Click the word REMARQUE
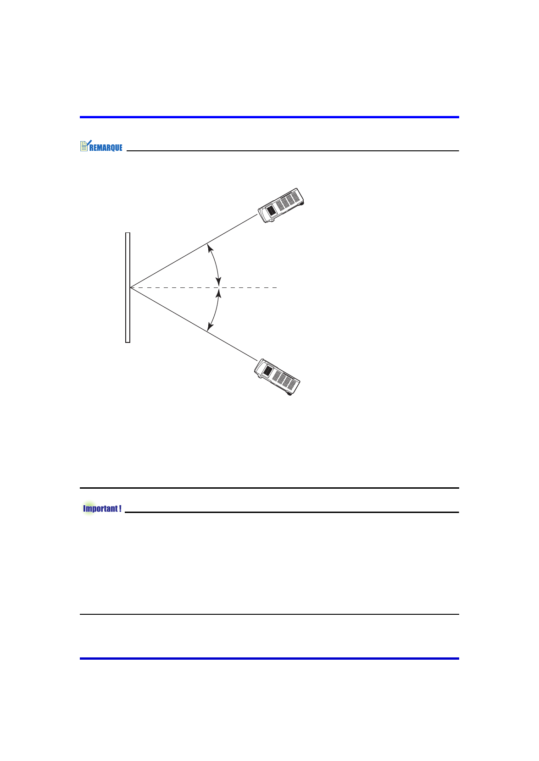(106, 148)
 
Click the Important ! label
(102, 508)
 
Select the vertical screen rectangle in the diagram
(128, 287)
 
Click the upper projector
(281, 205)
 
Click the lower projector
(277, 377)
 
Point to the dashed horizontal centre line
(204, 288)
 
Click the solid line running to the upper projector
(194, 251)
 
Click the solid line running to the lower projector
(194, 324)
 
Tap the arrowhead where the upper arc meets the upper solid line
(210, 248)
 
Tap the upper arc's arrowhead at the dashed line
(218, 282)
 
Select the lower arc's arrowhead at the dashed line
(218, 293)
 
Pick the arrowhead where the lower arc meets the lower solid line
(210, 327)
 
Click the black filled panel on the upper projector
(271, 210)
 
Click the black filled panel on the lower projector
(268, 370)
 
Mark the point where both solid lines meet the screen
(130, 288)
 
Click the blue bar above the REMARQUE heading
(270, 117)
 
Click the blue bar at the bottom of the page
(270, 658)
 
